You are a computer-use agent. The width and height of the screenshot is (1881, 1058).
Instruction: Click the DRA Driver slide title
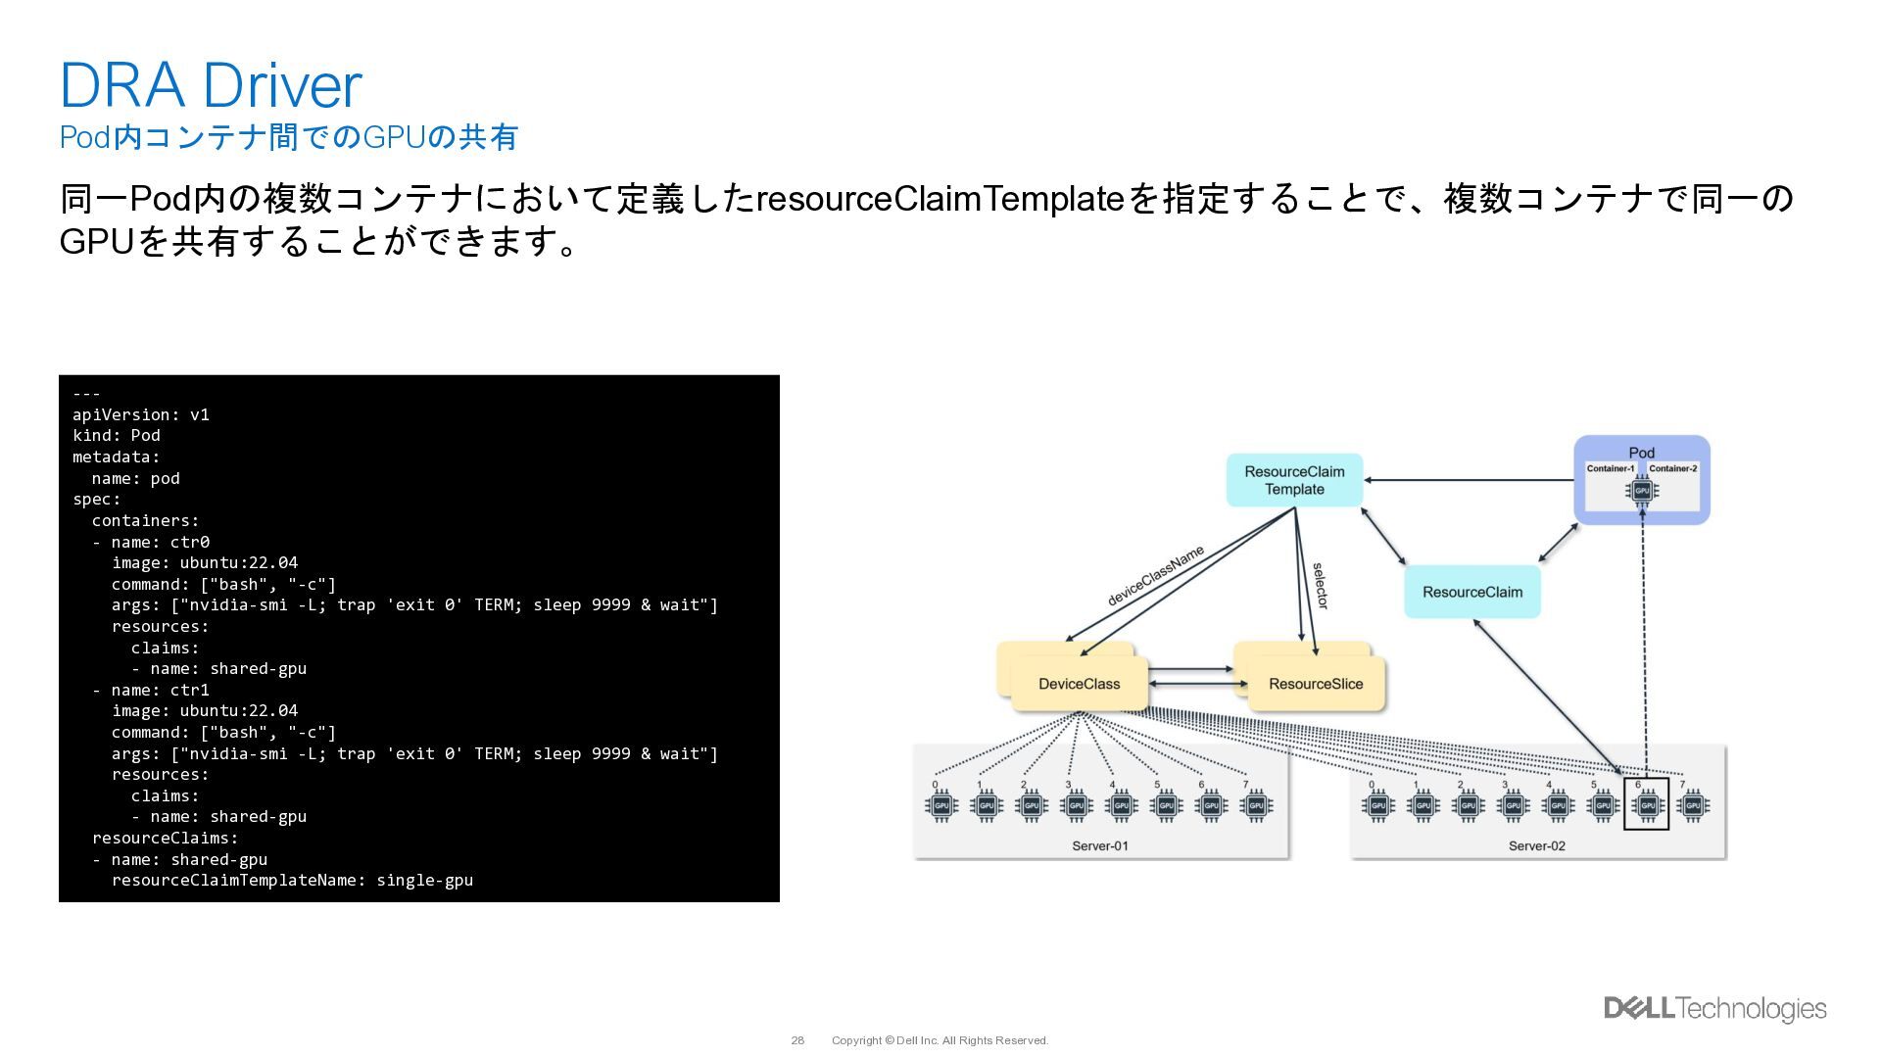(211, 85)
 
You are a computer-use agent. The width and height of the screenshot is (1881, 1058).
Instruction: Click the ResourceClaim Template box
(1294, 480)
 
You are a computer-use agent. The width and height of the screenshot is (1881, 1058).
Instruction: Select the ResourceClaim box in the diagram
(1471, 592)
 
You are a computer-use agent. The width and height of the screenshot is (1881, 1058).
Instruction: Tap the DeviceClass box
(1079, 684)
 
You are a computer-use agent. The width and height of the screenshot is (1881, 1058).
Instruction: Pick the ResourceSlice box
(1315, 684)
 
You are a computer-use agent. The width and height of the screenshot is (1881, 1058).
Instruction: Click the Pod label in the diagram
(1641, 453)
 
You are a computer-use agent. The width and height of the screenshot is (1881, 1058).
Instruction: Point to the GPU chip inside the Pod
(1642, 490)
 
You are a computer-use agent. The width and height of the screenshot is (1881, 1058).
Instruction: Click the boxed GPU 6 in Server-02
(1646, 805)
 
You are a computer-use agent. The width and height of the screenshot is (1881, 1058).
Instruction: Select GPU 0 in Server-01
(940, 805)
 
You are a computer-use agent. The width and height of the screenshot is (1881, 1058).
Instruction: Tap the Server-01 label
(1100, 845)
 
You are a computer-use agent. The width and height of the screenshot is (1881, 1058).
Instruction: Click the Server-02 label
(1536, 845)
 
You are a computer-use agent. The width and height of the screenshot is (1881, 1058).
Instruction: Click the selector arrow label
(1320, 586)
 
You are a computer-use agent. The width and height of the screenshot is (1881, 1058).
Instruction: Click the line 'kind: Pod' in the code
(117, 435)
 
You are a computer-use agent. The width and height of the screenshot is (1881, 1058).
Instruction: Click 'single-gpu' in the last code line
(424, 880)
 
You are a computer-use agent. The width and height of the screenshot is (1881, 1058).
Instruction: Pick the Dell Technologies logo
(1714, 1008)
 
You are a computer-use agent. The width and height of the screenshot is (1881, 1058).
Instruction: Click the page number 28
(797, 1040)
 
